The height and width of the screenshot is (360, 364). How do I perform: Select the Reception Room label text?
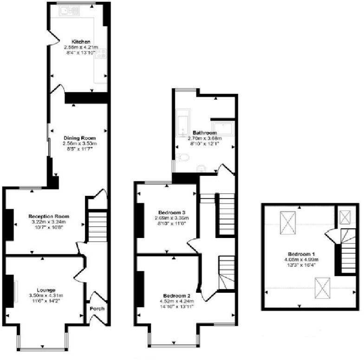click(49, 216)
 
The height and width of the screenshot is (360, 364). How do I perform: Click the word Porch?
click(97, 309)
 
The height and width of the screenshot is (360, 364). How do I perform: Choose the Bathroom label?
click(205, 133)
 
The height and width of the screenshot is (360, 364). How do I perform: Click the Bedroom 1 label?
click(301, 254)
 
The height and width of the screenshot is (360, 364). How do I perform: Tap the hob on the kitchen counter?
click(101, 53)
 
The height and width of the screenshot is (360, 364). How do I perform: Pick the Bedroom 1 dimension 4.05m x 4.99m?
click(301, 260)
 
